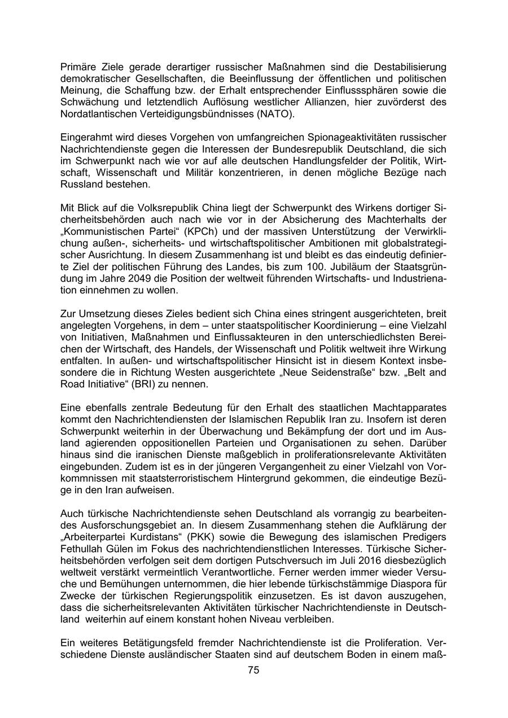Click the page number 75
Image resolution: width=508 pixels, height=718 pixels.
pyautogui.click(x=253, y=670)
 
